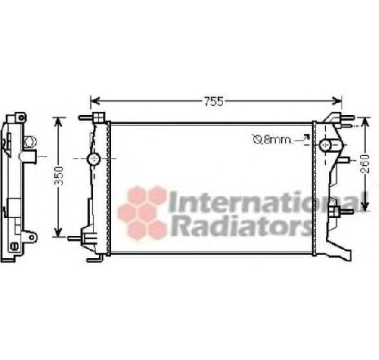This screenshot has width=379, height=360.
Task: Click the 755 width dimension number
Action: [212, 102]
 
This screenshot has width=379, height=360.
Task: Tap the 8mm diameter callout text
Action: [273, 140]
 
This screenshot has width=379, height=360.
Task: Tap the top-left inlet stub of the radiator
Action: [86, 119]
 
